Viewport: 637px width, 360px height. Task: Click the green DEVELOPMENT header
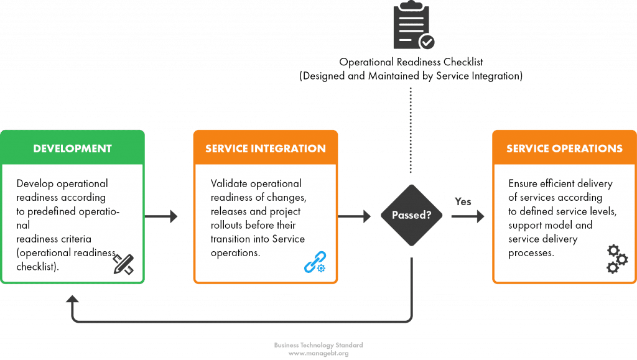click(x=73, y=149)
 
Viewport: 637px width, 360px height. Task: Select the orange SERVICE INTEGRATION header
click(x=266, y=149)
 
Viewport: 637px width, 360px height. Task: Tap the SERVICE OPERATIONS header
click(x=564, y=149)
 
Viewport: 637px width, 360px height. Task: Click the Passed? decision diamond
click(x=411, y=216)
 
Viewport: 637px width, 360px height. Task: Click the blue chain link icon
click(x=314, y=262)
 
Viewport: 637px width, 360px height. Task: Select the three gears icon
click(x=616, y=259)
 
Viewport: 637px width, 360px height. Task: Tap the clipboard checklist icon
click(x=412, y=27)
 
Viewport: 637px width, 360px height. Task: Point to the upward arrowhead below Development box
click(x=73, y=300)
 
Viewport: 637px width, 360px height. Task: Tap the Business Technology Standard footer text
click(x=318, y=344)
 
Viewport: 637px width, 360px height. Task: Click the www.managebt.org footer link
click(x=318, y=353)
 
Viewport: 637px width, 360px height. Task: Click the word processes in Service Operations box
click(x=531, y=253)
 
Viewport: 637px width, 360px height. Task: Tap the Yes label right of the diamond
click(x=463, y=202)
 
